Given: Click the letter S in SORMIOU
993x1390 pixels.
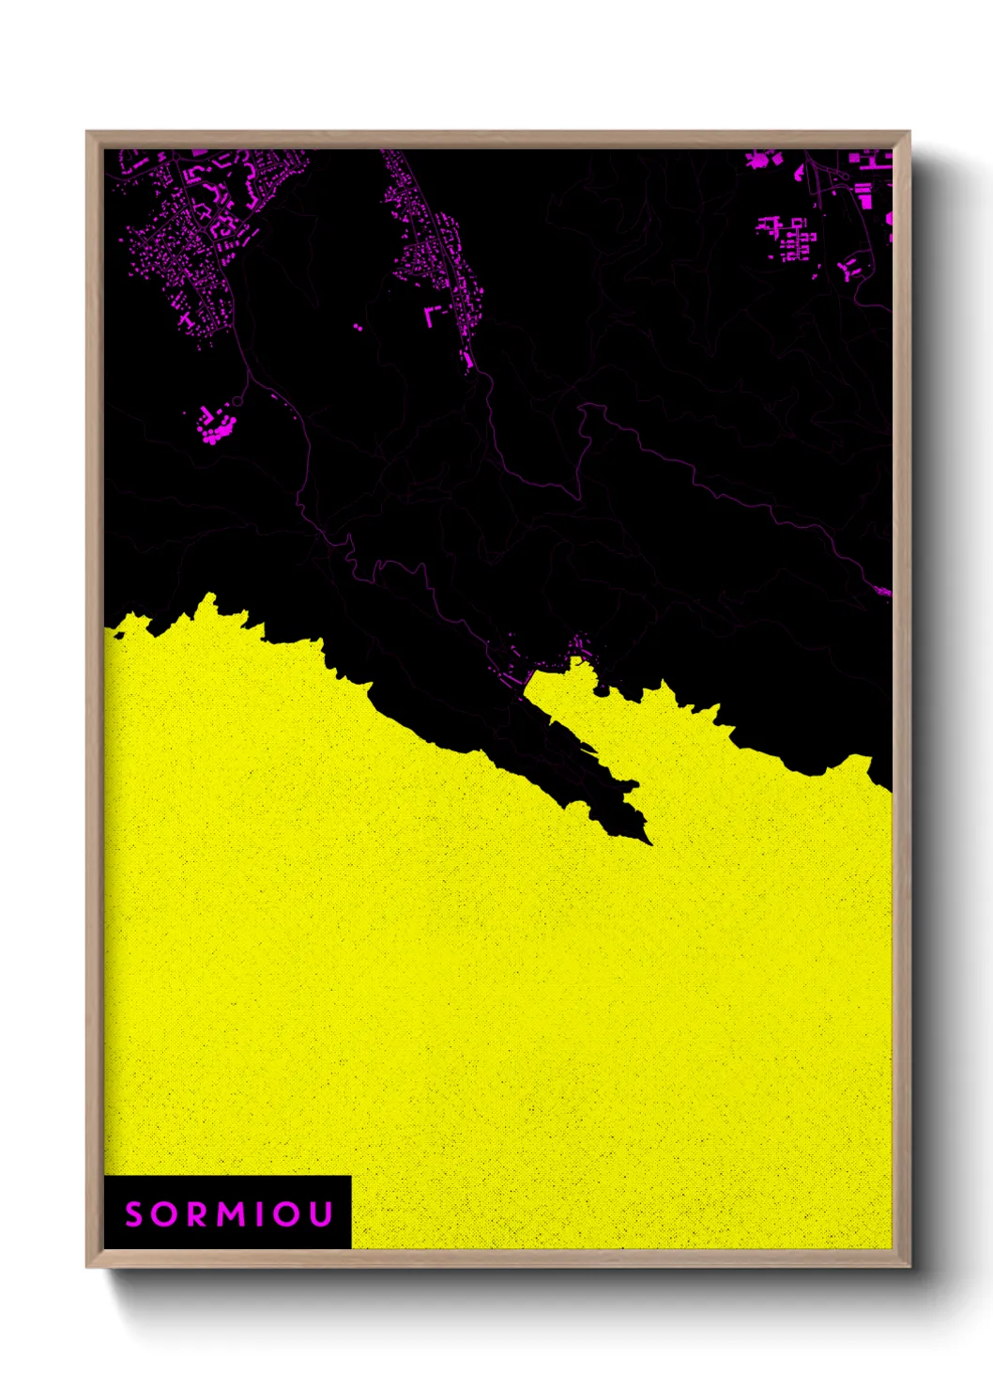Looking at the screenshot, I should [x=133, y=1214].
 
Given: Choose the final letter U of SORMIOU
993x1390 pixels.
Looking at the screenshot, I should [x=320, y=1214].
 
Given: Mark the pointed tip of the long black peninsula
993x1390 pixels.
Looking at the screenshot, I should [x=649, y=842].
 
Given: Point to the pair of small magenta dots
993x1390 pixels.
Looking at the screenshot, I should [x=358, y=327].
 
